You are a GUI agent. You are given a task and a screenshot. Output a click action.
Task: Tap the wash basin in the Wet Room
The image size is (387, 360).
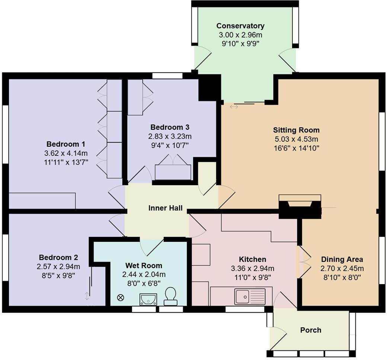(x=148, y=299)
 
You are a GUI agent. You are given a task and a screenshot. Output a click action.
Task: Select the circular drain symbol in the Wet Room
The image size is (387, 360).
(x=121, y=298)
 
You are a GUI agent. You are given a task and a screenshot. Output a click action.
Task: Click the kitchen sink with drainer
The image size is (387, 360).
(x=249, y=296)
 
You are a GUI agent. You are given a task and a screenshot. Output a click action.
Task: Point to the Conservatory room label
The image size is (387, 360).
(x=240, y=26)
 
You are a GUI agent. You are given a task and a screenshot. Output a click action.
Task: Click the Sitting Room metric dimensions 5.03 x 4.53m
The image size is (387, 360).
(x=296, y=139)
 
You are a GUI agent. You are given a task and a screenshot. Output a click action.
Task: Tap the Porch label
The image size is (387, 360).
(x=310, y=330)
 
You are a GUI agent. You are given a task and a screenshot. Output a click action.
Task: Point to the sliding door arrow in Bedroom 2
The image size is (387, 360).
(x=87, y=296)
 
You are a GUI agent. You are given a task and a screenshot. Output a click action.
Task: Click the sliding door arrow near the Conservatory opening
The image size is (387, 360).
(x=234, y=107)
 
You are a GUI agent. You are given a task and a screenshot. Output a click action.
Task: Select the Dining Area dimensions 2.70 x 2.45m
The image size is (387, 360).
(x=342, y=269)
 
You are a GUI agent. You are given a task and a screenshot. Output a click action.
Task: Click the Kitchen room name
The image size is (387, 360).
(x=252, y=259)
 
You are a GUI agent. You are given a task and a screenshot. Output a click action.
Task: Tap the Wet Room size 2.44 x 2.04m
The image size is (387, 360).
(x=144, y=274)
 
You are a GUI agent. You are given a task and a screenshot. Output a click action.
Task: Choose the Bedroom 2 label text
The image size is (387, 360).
(x=58, y=257)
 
